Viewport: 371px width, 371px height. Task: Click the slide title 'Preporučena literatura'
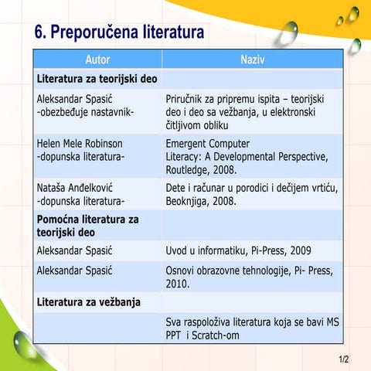[135, 33]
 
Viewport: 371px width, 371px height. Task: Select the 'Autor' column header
[97, 60]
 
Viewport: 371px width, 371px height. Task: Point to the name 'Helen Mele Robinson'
[80, 144]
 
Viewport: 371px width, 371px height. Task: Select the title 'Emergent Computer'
[207, 144]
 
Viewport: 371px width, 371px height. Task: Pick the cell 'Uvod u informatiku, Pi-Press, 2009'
[238, 250]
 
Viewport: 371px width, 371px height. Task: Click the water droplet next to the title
[288, 33]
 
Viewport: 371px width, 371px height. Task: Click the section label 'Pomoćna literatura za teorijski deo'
[87, 226]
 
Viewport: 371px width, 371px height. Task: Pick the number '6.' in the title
[42, 33]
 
